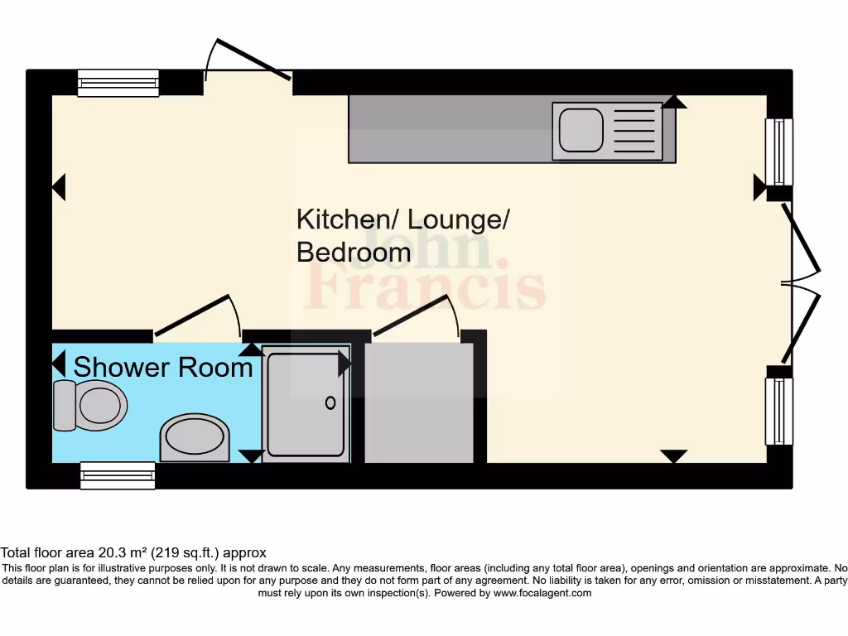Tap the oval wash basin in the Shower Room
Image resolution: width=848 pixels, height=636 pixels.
195,437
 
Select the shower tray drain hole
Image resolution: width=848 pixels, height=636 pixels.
330,403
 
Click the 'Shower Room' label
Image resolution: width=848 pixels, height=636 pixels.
163,367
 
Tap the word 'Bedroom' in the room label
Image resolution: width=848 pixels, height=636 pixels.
354,252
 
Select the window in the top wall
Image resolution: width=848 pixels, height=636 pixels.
118,83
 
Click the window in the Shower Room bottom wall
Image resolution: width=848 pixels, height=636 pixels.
118,475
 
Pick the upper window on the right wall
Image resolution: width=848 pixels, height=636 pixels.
778,152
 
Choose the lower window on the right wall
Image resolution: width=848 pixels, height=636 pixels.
778,412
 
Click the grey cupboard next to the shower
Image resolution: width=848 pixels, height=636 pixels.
419,402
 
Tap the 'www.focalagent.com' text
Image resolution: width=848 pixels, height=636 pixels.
542,593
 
